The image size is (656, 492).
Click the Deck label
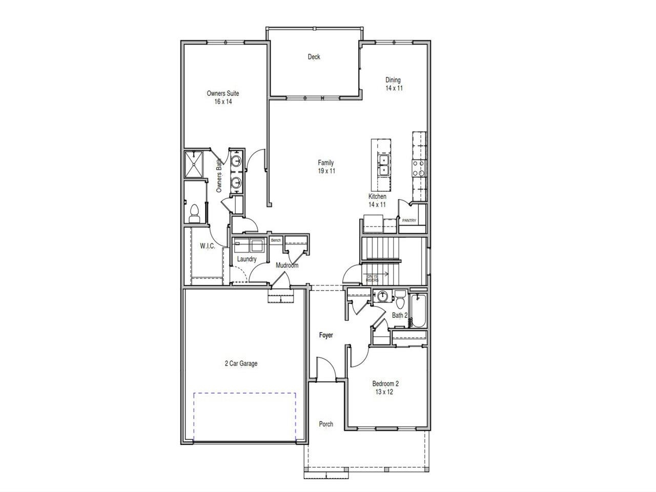point(314,57)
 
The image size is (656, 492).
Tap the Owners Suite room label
point(223,97)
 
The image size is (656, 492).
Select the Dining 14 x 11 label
point(394,84)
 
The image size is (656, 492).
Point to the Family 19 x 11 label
point(326,167)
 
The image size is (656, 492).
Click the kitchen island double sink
point(383,166)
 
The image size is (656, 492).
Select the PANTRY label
point(409,221)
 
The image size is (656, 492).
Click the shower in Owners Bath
point(194,164)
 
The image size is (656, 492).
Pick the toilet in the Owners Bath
point(194,213)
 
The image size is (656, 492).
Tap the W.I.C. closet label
point(207,246)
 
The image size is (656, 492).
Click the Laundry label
point(247,259)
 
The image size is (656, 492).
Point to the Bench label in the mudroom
point(276,240)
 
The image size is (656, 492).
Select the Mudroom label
point(286,265)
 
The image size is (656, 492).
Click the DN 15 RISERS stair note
point(373,278)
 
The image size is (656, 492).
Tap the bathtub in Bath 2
point(419,311)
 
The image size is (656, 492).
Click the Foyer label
point(326,335)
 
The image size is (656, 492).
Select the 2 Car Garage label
point(241,364)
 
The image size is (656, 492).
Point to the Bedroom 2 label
point(385,387)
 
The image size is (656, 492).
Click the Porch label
point(326,424)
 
